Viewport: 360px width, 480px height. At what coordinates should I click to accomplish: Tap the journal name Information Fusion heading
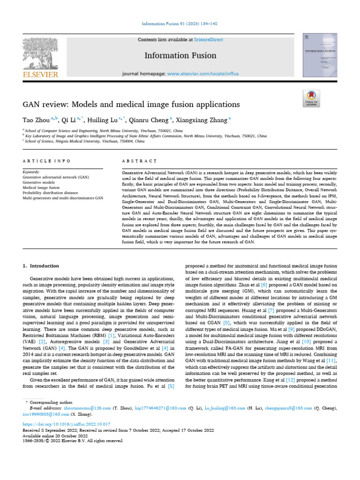[180, 55]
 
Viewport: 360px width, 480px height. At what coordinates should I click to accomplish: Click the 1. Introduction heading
[41, 266]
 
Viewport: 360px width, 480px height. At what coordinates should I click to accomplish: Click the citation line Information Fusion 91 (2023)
[180, 24]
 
